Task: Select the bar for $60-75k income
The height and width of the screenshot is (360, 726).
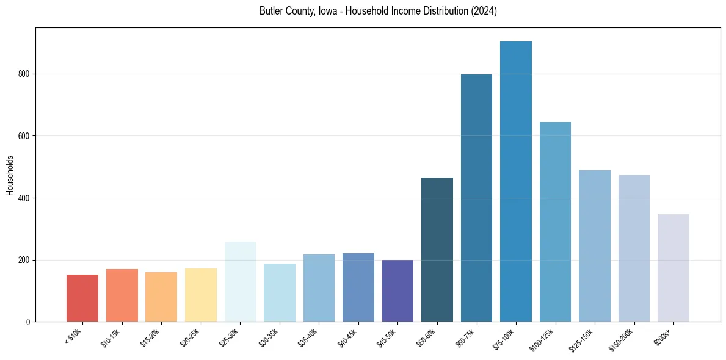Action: (x=476, y=198)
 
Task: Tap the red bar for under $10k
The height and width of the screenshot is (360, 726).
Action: (x=82, y=298)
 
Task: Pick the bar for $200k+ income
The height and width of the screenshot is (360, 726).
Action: (x=673, y=268)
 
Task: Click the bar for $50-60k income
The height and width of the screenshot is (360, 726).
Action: (x=437, y=250)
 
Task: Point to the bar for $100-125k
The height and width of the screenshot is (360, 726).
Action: (x=555, y=222)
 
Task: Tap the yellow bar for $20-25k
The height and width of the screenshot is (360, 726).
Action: (x=201, y=295)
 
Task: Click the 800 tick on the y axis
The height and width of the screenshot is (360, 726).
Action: (x=24, y=74)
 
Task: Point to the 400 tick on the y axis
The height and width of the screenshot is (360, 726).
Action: (x=24, y=198)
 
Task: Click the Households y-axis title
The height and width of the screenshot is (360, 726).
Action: (x=10, y=175)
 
